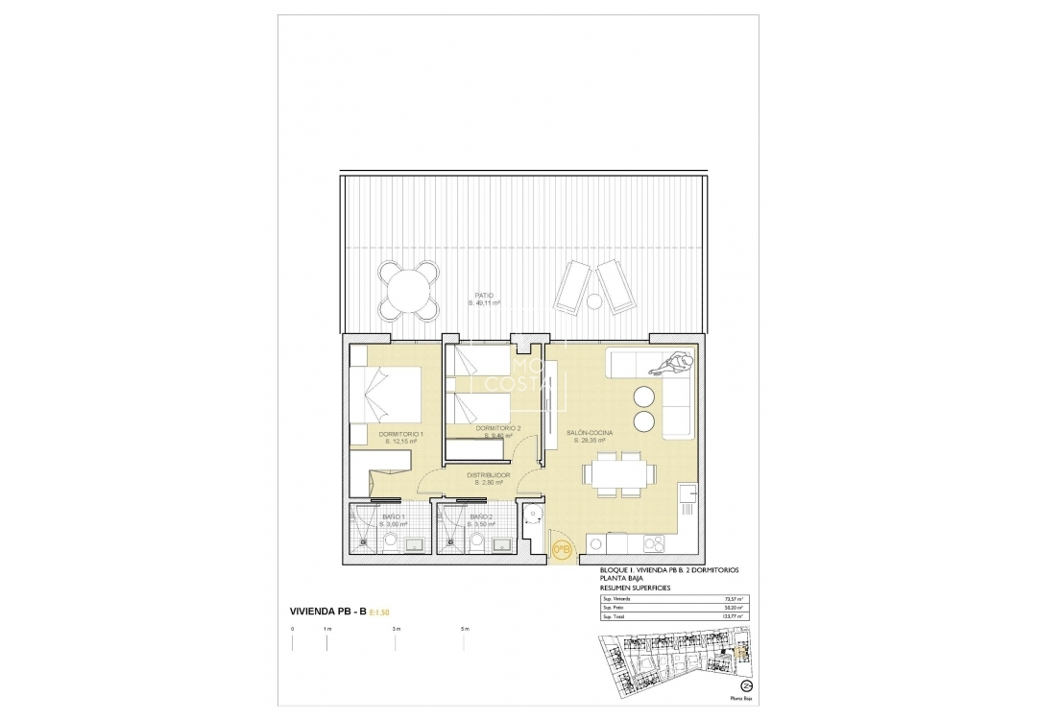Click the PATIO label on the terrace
pyautogui.click(x=484, y=296)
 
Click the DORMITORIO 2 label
pyautogui.click(x=498, y=428)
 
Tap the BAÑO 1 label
pyautogui.click(x=393, y=518)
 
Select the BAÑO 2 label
pyautogui.click(x=480, y=518)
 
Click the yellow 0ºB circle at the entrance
pyautogui.click(x=563, y=550)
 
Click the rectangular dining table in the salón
pyautogui.click(x=615, y=474)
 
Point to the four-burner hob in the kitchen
pyautogui.click(x=655, y=545)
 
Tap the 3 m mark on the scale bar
pyautogui.click(x=396, y=630)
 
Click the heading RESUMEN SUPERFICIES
pyautogui.click(x=635, y=587)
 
